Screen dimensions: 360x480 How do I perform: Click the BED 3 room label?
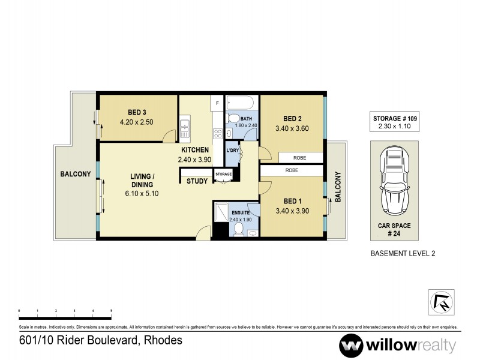[137, 112]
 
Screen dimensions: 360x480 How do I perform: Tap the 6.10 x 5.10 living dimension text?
[142, 194]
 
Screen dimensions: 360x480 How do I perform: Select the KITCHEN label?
[195, 150]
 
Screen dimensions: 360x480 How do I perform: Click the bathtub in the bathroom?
[241, 102]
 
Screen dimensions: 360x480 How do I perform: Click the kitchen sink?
[185, 128]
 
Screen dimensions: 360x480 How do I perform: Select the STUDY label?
[197, 181]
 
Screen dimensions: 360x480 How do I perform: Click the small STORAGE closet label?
[224, 174]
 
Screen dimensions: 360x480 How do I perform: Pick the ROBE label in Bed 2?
[301, 157]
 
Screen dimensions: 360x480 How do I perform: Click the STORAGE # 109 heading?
[395, 119]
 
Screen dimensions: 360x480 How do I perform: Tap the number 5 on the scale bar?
[111, 311]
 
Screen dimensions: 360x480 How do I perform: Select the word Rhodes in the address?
[163, 340]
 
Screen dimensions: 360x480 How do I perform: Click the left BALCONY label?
[75, 175]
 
